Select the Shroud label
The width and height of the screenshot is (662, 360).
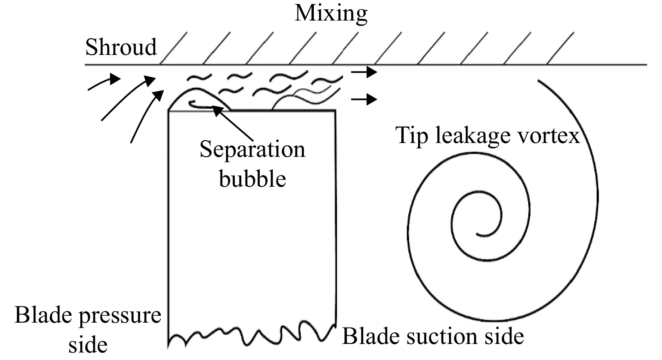point(121,47)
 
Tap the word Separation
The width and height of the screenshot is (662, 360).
point(253,150)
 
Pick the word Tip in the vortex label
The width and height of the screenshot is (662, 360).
point(412,136)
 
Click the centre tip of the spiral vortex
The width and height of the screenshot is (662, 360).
point(477,235)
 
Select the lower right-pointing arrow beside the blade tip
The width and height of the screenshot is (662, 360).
point(363,99)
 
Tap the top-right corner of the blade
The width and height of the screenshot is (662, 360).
point(335,110)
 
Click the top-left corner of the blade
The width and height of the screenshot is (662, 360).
point(169,111)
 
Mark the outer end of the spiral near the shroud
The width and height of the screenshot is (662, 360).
point(538,81)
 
